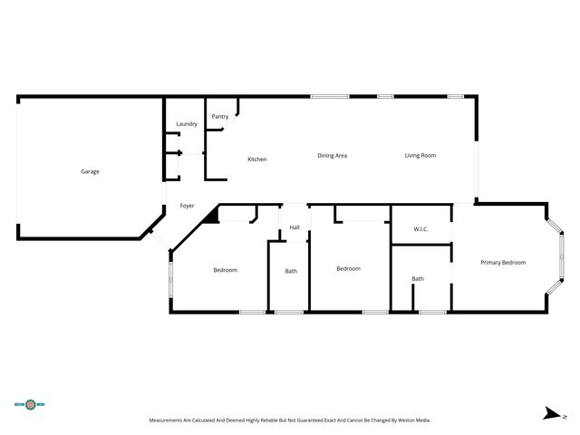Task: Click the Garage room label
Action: [90, 171]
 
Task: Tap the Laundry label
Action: [187, 123]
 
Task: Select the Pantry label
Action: [220, 116]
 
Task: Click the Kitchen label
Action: [257, 159]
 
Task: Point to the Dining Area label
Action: [332, 155]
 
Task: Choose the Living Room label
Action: [420, 155]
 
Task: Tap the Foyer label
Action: [187, 206]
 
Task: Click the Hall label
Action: [295, 227]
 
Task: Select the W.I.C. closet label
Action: [420, 229]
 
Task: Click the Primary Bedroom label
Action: [503, 262]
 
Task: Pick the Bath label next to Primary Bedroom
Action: [418, 278]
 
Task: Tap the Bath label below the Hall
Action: [291, 271]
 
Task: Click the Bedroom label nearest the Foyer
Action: [225, 270]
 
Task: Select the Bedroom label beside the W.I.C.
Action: [348, 268]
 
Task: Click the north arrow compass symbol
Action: [550, 414]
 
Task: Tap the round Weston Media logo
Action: [30, 404]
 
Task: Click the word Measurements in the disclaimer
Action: [169, 420]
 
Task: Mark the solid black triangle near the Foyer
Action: [212, 215]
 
